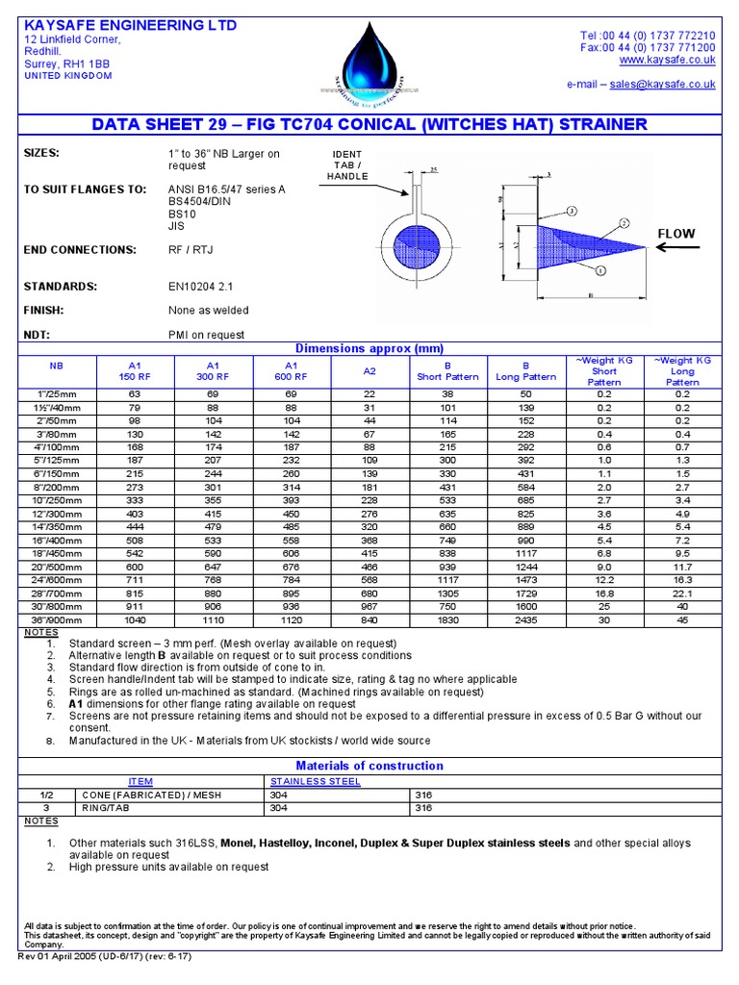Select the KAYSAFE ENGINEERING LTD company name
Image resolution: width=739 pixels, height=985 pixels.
(130, 25)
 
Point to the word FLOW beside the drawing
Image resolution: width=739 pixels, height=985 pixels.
(675, 234)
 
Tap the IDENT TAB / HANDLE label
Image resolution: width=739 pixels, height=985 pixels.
(347, 165)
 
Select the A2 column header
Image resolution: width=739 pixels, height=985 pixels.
(369, 371)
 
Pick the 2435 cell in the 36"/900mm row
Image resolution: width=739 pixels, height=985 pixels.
(525, 620)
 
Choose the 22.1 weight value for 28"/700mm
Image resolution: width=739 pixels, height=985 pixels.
(682, 594)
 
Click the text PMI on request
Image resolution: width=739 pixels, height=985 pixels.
(206, 335)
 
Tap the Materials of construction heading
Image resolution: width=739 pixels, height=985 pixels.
(369, 766)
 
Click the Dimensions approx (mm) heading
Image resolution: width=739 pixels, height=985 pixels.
(369, 348)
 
